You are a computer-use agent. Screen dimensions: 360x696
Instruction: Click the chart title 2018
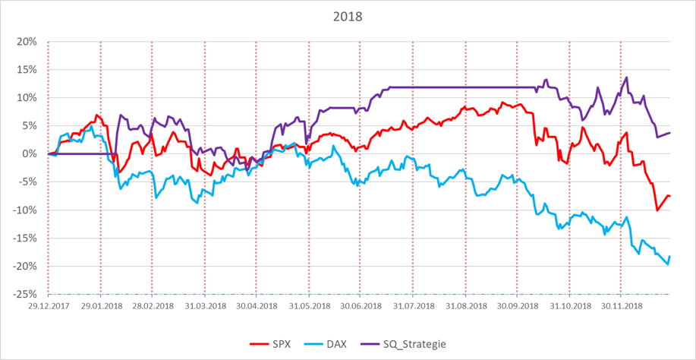tap(348, 16)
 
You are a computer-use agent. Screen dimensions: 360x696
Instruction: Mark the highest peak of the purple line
tap(626, 77)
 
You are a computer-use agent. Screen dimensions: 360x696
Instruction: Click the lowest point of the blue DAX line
tap(667, 264)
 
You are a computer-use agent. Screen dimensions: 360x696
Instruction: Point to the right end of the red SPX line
tap(670, 197)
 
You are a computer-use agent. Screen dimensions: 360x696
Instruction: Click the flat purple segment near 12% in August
tap(455, 87)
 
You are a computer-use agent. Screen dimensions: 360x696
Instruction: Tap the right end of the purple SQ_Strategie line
tap(670, 133)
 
